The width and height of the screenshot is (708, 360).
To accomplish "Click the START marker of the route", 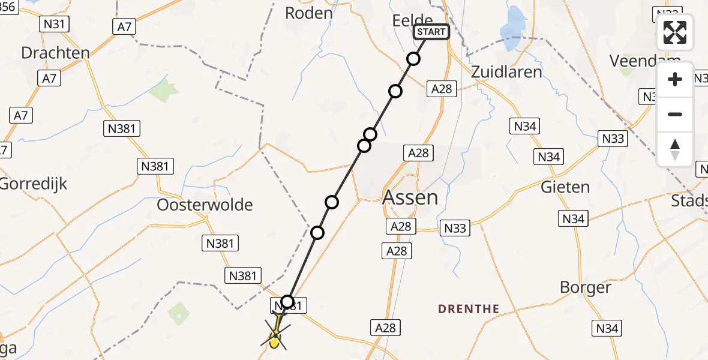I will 431,32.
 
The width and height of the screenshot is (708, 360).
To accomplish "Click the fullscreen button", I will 675,32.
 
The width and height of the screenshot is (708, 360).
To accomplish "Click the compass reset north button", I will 675,149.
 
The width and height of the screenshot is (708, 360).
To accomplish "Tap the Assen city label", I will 410,197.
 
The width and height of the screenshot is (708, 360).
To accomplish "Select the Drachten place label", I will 55,53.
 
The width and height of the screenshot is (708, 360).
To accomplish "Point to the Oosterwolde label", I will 205,205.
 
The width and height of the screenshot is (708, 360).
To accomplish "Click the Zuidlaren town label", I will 507,72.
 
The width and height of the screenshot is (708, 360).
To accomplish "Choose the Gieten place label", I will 565,187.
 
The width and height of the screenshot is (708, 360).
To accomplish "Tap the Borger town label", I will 585,287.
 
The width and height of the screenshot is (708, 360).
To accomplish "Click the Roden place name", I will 308,13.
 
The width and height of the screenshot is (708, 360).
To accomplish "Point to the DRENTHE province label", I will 469,309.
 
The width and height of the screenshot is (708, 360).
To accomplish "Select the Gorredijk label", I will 34,184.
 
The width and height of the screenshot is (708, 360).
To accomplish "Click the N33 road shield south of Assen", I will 455,228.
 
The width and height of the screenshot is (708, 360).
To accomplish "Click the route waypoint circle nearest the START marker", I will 413,59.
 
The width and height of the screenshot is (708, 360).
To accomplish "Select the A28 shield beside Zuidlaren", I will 441,89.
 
